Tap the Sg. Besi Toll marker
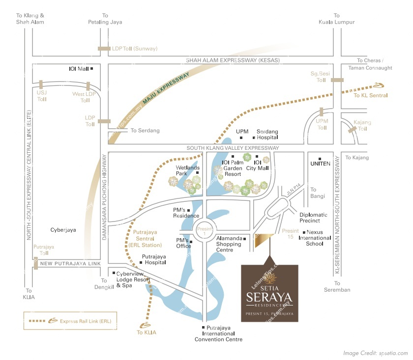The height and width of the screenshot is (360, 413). point(337,80)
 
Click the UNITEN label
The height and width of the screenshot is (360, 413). point(320,164)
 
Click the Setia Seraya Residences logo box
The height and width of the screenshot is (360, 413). point(269,293)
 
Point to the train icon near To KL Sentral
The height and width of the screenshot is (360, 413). point(379,84)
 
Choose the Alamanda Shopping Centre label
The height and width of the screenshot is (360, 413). point(229,244)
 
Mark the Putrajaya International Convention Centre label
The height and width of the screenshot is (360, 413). point(218,333)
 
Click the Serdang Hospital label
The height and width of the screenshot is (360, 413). point(267,135)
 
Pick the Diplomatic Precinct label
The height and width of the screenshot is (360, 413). point(313,218)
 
